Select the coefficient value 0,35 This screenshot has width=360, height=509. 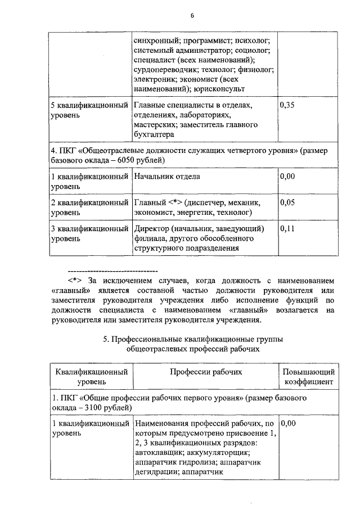point(287,106)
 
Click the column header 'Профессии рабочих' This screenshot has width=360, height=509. point(205,372)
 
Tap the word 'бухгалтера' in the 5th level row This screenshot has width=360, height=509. point(154,134)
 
